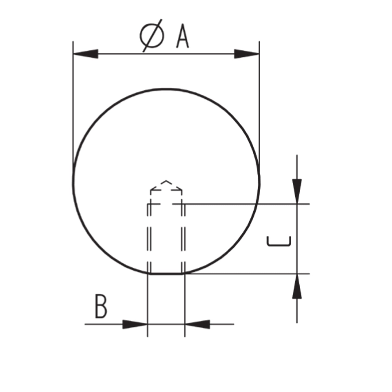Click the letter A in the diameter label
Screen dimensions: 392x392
[183, 36]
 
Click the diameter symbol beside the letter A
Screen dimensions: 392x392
[152, 36]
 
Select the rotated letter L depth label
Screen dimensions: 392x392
[279, 241]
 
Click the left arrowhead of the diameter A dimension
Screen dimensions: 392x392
[85, 54]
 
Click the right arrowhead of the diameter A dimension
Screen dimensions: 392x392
[247, 54]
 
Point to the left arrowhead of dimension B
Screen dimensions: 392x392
[135, 324]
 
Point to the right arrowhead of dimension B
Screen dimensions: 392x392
[197, 324]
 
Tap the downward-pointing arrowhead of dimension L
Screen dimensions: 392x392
[297, 191]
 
